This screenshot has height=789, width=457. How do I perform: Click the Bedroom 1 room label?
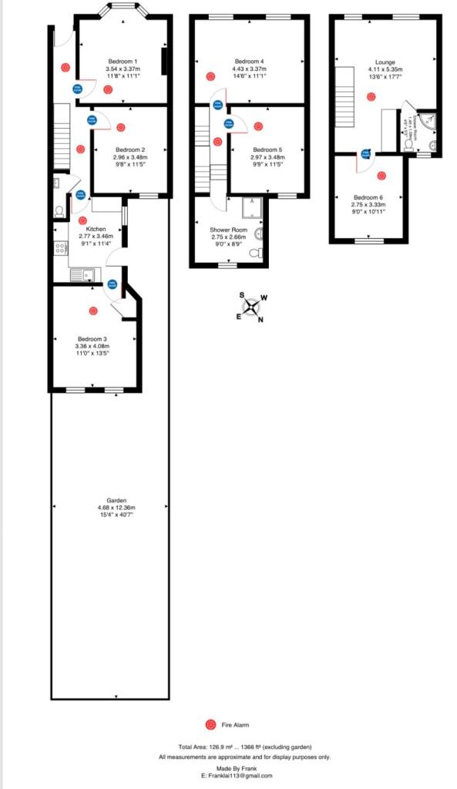[121, 62]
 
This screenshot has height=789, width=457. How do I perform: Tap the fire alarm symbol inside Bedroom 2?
[120, 127]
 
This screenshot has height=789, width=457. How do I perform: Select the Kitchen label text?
[96, 229]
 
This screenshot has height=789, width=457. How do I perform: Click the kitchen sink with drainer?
[81, 274]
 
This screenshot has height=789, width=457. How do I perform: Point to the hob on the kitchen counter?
[59, 249]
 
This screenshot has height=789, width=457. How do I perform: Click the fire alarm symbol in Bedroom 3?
[93, 311]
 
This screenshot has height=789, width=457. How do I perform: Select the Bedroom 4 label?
[249, 62]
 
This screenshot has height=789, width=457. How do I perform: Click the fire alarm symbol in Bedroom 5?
[258, 126]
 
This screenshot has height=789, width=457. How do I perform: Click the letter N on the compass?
[260, 320]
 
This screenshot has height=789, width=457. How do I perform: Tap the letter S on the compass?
[242, 295]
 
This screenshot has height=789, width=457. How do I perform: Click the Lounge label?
[385, 62]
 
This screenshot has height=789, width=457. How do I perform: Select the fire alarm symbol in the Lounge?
[371, 96]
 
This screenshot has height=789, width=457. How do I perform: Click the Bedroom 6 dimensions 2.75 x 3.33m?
[368, 204]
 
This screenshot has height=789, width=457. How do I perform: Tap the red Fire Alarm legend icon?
[210, 724]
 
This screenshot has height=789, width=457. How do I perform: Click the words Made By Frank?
[232, 768]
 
